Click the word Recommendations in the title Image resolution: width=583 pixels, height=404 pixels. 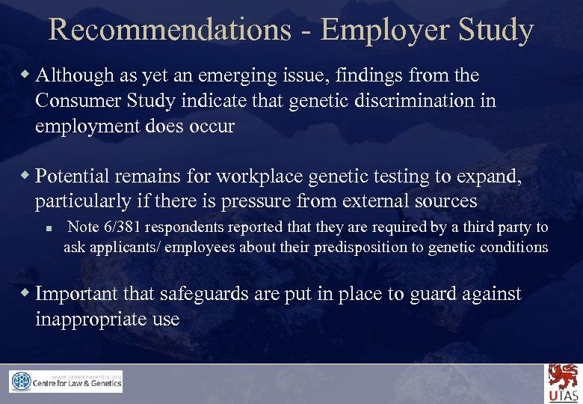[x=170, y=30]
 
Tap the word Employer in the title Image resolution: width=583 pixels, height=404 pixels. [x=384, y=30]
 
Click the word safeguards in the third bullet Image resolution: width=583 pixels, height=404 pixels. [x=194, y=294]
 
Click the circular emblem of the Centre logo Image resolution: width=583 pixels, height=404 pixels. [x=21, y=382]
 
